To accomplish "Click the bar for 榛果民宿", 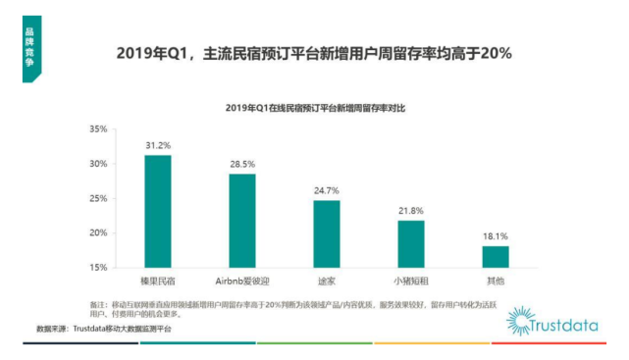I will (x=157, y=211).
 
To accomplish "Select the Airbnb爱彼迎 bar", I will (x=242, y=220).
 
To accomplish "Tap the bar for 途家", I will (x=327, y=233).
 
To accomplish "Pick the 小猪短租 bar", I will (x=411, y=243).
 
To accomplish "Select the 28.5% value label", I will (x=242, y=162).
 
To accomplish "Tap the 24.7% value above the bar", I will (x=327, y=188).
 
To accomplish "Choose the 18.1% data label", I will (x=496, y=234).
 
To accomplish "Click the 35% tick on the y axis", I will (x=97, y=129).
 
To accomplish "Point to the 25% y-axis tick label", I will (x=97, y=198).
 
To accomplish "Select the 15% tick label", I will (x=97, y=267).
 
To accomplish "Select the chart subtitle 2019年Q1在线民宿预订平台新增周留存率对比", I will (x=313, y=106).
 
